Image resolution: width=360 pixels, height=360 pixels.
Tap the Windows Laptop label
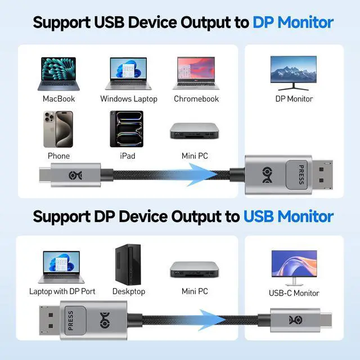(129, 99)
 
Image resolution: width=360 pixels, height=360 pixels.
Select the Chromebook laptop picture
(196, 73)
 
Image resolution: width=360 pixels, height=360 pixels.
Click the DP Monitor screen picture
(293, 71)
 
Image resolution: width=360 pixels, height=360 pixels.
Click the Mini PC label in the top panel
(195, 156)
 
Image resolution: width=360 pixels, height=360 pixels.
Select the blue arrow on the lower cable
(208, 318)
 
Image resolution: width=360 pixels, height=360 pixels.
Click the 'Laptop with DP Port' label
(62, 291)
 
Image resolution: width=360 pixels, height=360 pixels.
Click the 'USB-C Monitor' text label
(294, 293)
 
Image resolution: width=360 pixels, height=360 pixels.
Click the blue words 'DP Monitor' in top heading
(293, 22)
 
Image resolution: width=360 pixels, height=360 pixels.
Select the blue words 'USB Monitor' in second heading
(289, 216)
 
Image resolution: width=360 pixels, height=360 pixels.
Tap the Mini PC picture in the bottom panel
(195, 269)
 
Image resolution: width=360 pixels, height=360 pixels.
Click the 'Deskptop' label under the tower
(129, 291)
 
